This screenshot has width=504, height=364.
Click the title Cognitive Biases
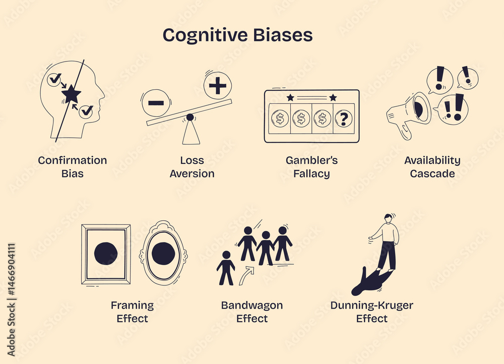click(x=237, y=35)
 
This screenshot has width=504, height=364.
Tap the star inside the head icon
click(x=71, y=93)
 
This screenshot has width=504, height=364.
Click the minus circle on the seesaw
click(x=156, y=103)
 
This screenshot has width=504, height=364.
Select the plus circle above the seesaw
click(x=218, y=86)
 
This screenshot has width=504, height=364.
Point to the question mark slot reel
click(x=344, y=119)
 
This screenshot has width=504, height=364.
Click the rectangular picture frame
click(x=105, y=254)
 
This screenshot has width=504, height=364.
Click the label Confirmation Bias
click(x=73, y=167)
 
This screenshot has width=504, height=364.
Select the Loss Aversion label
click(x=192, y=167)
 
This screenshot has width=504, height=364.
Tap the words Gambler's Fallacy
click(x=311, y=167)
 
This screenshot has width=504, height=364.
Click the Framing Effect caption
click(x=132, y=312)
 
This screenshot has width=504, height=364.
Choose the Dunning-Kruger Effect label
click(x=371, y=312)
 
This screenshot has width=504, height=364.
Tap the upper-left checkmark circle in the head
click(x=54, y=79)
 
